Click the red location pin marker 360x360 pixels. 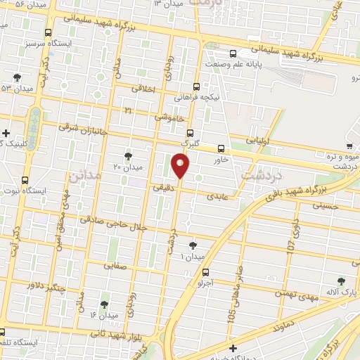click(x=181, y=166)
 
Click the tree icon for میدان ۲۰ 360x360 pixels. click(x=127, y=155)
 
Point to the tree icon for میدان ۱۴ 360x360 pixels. click(x=105, y=304)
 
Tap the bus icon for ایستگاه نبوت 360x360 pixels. click(x=26, y=180)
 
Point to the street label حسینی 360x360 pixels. click(x=333, y=206)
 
